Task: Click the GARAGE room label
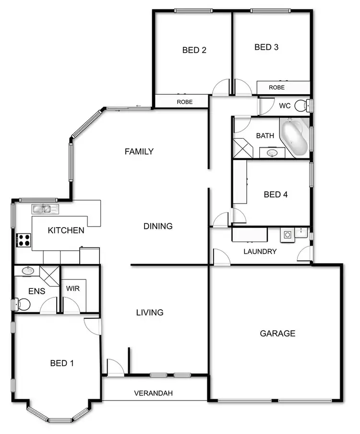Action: click(x=277, y=333)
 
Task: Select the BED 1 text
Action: click(x=62, y=363)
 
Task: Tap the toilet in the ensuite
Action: click(x=22, y=304)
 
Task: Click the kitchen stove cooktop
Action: click(x=24, y=240)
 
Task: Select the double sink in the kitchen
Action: click(x=45, y=209)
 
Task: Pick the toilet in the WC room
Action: click(x=301, y=106)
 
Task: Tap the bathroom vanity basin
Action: click(x=272, y=153)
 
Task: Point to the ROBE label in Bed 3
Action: click(x=276, y=87)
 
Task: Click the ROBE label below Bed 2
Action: click(x=185, y=102)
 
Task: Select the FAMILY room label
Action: click(x=139, y=152)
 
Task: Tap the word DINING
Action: click(x=158, y=226)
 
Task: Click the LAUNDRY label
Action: click(x=260, y=251)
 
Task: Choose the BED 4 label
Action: click(x=276, y=194)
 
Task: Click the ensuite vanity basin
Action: click(x=27, y=271)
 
